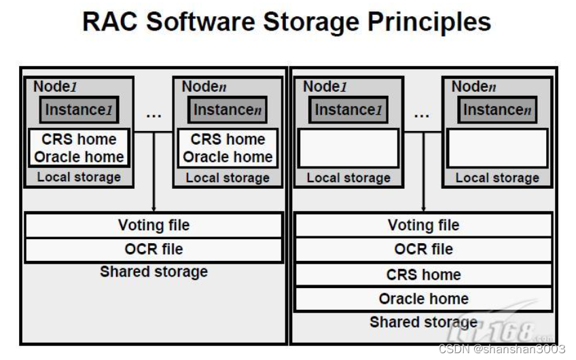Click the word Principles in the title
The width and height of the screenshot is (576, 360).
point(429,22)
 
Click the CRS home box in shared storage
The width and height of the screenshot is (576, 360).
point(423,274)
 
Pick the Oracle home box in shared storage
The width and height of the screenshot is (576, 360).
point(423,298)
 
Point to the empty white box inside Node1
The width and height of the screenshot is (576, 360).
point(348,148)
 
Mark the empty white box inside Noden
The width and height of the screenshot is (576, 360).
point(497,148)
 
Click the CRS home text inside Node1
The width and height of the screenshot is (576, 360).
point(79,139)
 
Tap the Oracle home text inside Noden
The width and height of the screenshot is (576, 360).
point(228,157)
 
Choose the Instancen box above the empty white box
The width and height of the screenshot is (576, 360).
point(497,110)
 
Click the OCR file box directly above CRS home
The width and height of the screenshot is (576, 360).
point(423,249)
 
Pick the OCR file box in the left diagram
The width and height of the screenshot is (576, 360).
point(154,249)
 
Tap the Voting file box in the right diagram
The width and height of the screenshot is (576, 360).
point(423,225)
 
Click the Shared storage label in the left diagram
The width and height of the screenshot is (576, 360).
point(154,272)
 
